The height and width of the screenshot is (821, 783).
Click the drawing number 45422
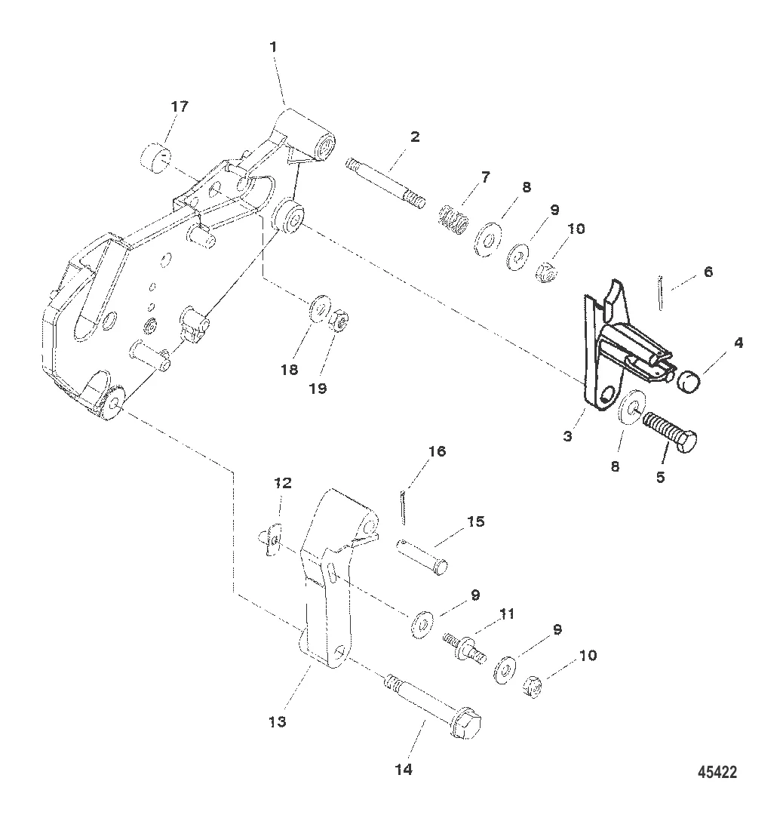[x=717, y=772]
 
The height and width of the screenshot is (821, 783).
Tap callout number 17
[x=180, y=107]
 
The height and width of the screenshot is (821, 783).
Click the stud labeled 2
[x=385, y=184]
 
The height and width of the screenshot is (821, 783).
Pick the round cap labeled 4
[x=689, y=382]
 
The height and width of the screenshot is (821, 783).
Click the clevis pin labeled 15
[x=422, y=557]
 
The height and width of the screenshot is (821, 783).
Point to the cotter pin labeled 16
[x=403, y=507]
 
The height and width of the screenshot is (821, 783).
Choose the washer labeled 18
[x=319, y=309]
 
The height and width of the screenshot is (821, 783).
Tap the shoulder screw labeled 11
[x=464, y=648]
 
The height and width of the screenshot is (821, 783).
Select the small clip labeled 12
[x=270, y=540]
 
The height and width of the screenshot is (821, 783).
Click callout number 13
[x=278, y=722]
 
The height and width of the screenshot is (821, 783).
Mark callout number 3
[x=568, y=436]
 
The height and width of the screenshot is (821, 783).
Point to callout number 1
[x=272, y=47]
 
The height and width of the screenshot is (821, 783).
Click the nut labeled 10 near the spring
[x=546, y=272]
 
